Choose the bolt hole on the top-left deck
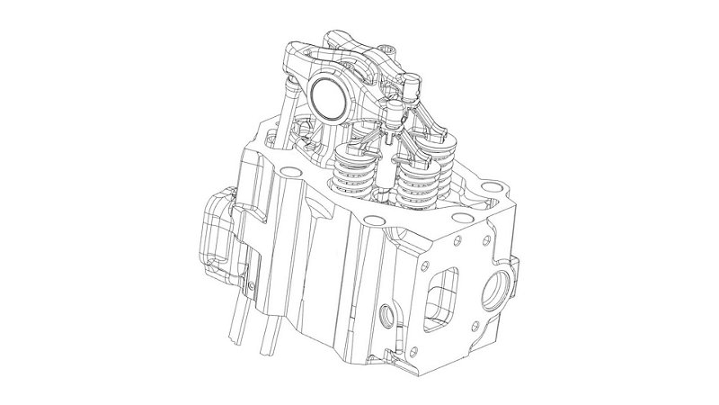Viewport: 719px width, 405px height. pyautogui.click(x=288, y=170)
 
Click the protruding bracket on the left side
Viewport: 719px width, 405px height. pyautogui.click(x=215, y=229)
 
